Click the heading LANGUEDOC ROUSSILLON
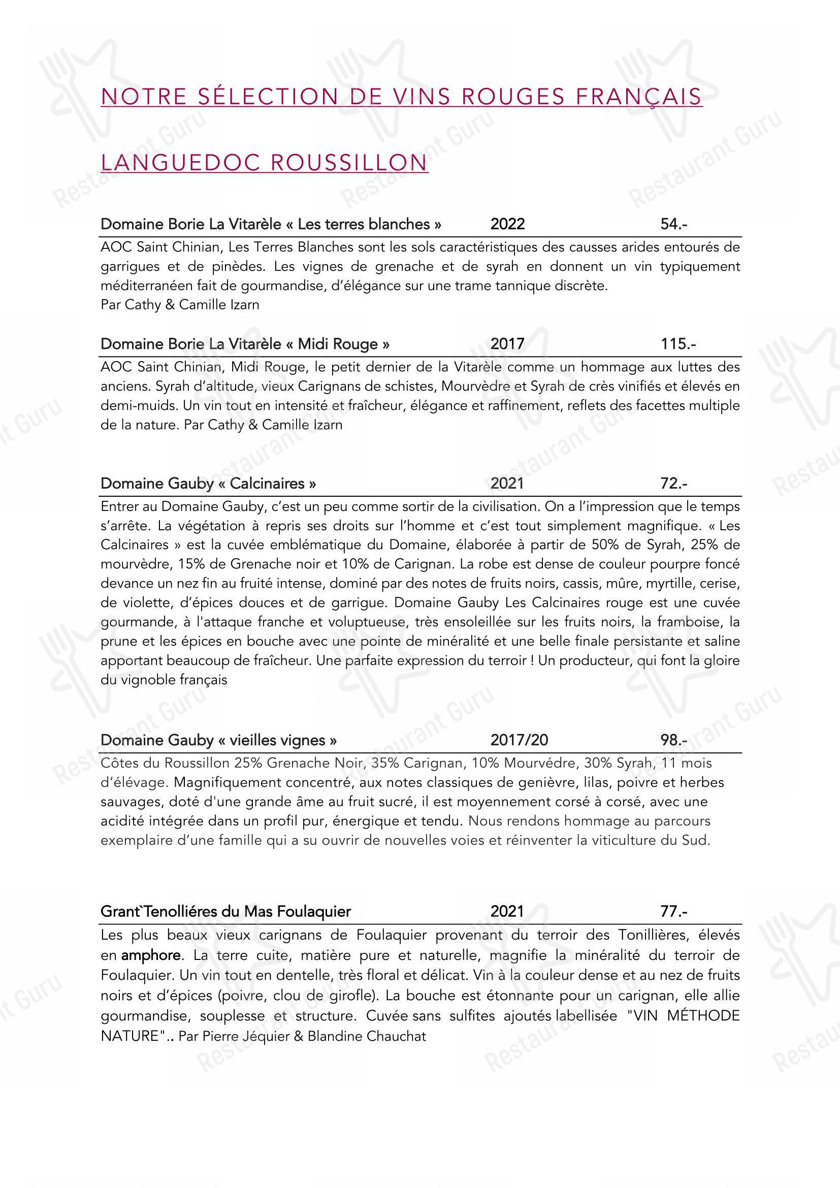264,163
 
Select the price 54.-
673,224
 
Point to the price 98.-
673,741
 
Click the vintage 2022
507,224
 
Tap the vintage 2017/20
519,741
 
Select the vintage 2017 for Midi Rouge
507,344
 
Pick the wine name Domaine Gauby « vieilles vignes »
218,741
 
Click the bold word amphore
150,955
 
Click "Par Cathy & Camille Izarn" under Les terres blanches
180,305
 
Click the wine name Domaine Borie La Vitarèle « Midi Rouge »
245,344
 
